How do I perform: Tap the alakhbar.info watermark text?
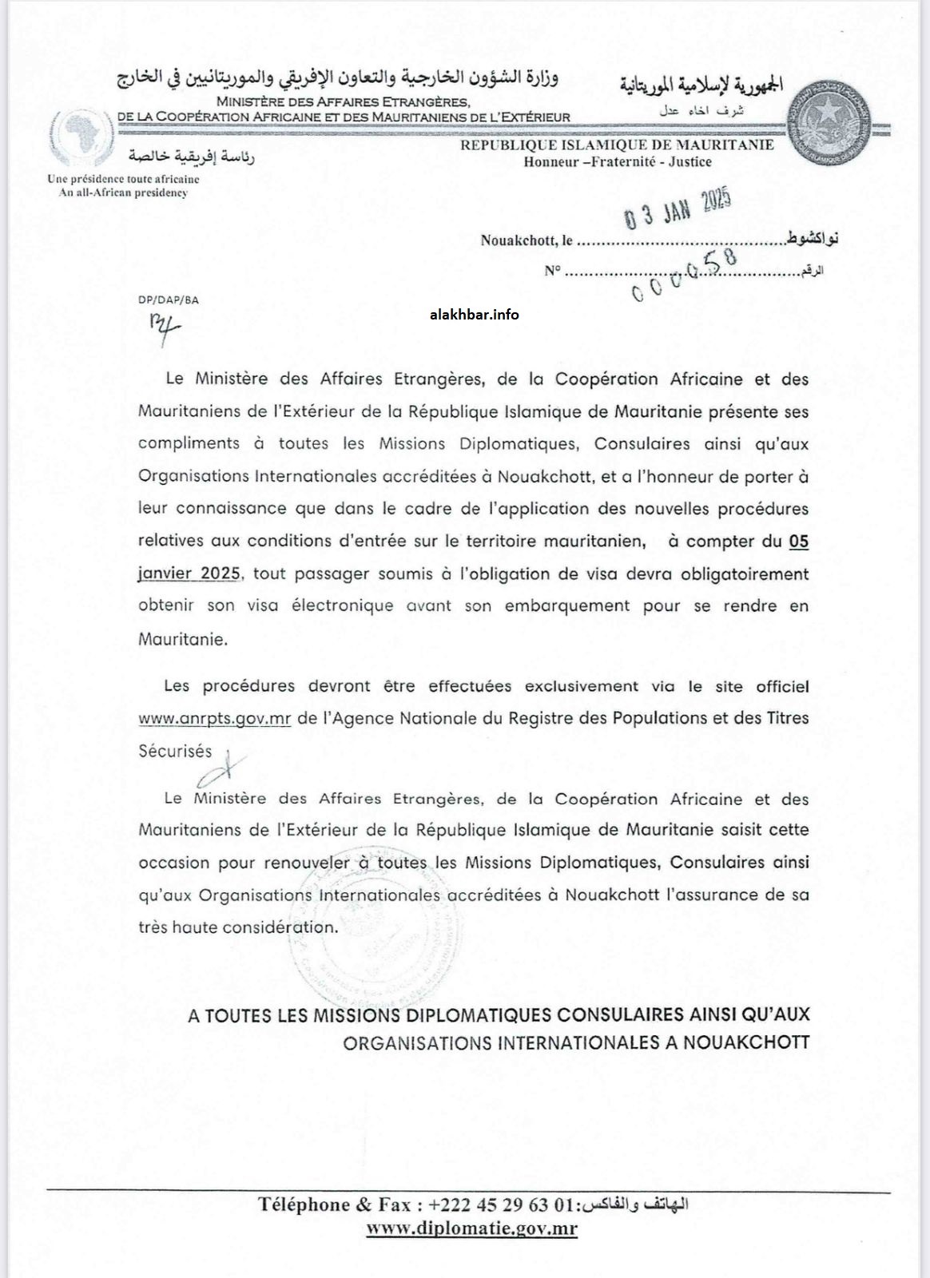pyautogui.click(x=475, y=315)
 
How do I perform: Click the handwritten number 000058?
pyautogui.click(x=684, y=274)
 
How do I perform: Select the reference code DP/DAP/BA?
pyautogui.click(x=168, y=300)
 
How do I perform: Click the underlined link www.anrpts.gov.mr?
pyautogui.click(x=214, y=718)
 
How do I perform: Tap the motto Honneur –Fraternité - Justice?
pyautogui.click(x=617, y=162)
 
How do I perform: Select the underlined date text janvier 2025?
pyautogui.click(x=189, y=574)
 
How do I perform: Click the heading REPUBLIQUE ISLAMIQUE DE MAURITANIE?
pyautogui.click(x=617, y=145)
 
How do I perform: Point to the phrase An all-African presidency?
pyautogui.click(x=123, y=192)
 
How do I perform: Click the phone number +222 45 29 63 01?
pyautogui.click(x=501, y=1205)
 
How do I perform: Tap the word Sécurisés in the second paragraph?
pyautogui.click(x=175, y=751)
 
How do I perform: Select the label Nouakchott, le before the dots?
pyautogui.click(x=527, y=240)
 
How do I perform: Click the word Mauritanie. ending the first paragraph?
pyautogui.click(x=182, y=639)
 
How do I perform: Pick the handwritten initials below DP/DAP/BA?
pyautogui.click(x=165, y=328)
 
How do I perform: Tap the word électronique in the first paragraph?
pyautogui.click(x=342, y=605)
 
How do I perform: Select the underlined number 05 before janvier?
pyautogui.click(x=798, y=542)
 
